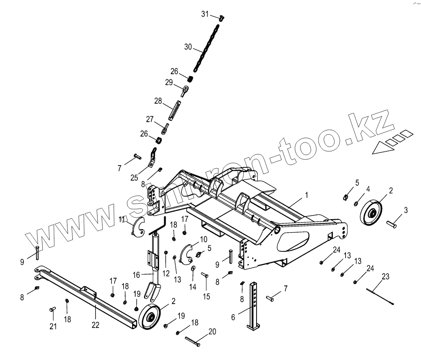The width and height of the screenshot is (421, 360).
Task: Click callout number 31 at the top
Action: point(205,14)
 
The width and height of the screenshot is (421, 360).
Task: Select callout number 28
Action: point(158,101)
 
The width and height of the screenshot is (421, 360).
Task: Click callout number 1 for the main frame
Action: point(307,195)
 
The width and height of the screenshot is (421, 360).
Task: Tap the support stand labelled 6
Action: point(254,306)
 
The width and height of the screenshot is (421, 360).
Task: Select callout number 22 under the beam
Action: point(95,325)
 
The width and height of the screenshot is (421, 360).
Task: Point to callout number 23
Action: point(385,276)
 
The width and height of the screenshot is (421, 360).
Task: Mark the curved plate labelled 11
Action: point(136,226)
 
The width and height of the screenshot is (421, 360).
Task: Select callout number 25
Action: point(134,177)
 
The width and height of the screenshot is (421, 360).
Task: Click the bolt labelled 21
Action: point(53,309)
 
